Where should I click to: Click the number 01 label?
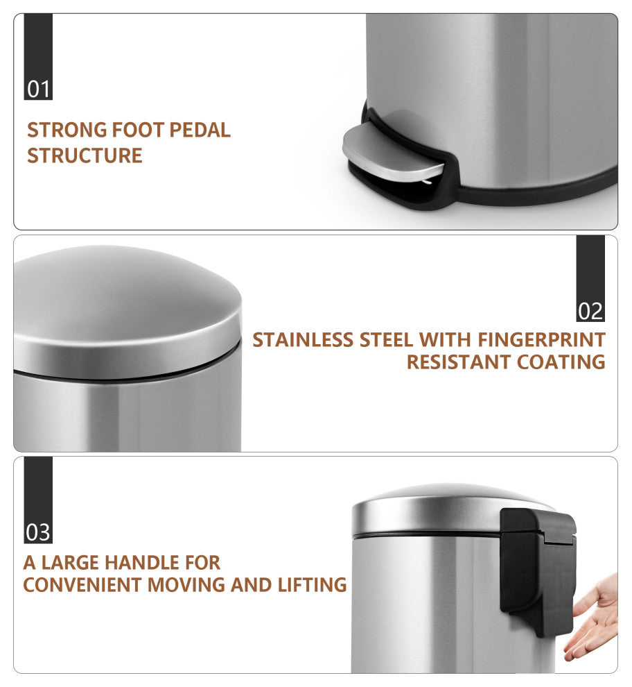click(39, 90)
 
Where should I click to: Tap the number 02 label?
click(590, 312)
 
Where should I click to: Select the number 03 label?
click(38, 533)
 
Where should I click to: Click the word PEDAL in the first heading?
click(200, 130)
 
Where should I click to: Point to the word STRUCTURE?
click(85, 155)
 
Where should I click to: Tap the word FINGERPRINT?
click(541, 340)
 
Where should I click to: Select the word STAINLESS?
click(303, 340)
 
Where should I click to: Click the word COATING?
click(561, 362)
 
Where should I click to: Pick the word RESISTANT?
click(459, 362)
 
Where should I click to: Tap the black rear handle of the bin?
click(538, 570)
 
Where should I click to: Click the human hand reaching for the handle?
click(593, 618)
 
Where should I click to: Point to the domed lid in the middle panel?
click(127, 307)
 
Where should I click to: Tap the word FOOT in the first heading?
click(139, 130)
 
